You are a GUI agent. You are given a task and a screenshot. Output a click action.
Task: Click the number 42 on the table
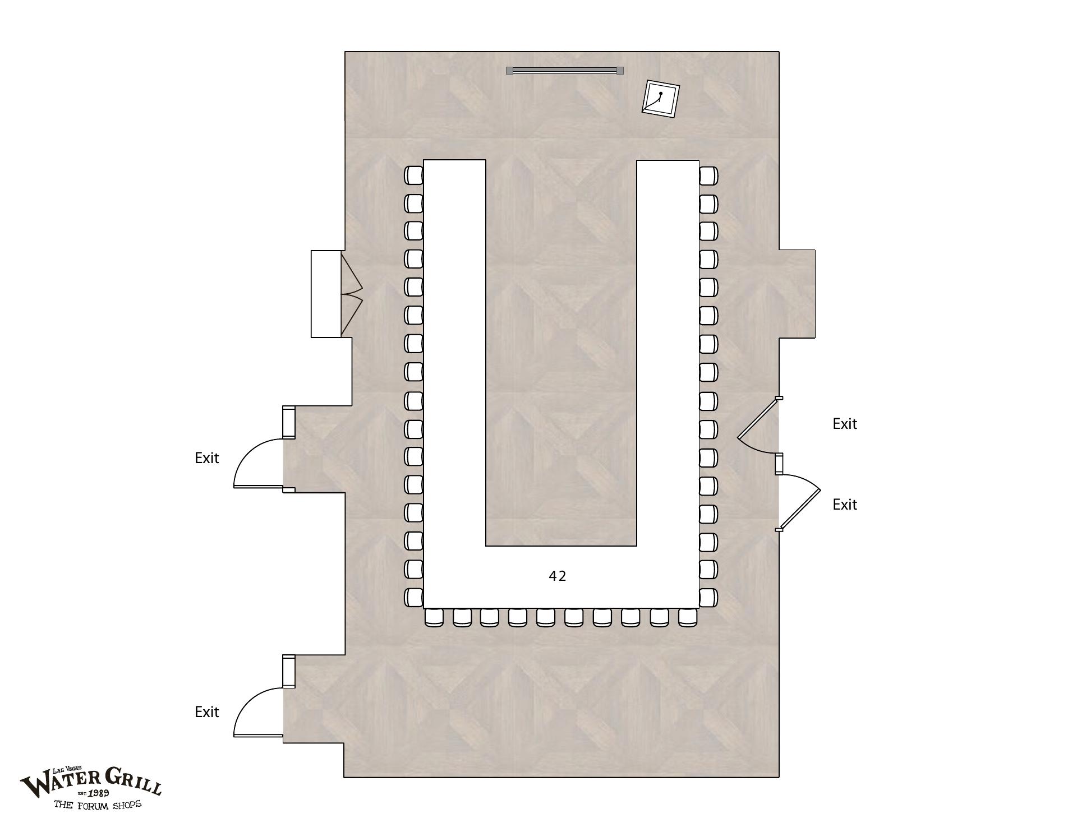[x=558, y=576]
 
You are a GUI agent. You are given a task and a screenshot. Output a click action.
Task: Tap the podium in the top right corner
[x=661, y=99]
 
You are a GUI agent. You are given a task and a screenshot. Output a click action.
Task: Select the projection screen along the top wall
[x=565, y=70]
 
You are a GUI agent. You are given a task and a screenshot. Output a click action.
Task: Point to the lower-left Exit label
[x=206, y=712]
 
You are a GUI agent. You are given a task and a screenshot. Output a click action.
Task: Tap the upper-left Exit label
[x=206, y=458]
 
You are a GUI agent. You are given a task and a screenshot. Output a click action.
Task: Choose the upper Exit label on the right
[x=845, y=424]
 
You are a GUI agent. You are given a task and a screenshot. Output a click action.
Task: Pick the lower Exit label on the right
[x=845, y=505]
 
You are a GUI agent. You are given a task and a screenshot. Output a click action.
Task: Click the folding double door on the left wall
[x=352, y=294]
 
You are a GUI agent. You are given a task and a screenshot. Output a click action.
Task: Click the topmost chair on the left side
[x=414, y=175]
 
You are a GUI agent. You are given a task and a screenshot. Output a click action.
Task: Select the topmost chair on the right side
[x=708, y=175]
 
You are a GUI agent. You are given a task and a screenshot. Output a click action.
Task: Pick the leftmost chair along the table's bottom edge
[x=434, y=617]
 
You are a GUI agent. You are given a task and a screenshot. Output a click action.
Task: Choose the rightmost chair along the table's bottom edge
[x=688, y=617]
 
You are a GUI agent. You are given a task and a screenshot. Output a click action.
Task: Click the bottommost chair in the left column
[x=414, y=597]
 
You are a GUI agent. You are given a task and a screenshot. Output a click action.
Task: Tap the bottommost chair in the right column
[x=708, y=597]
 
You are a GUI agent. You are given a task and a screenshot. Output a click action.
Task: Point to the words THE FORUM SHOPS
[x=98, y=805]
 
